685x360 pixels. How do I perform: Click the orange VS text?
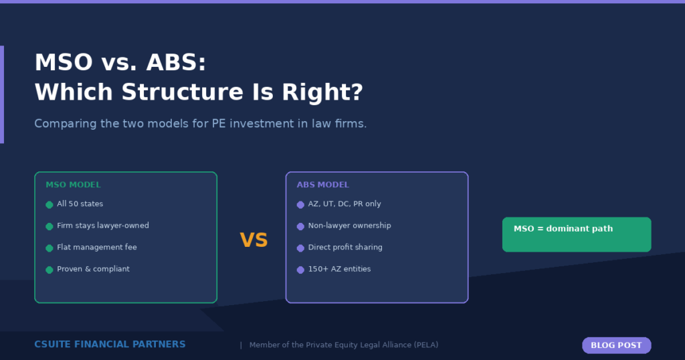254,240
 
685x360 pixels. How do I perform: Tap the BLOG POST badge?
616,345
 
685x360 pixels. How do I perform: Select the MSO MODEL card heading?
73,185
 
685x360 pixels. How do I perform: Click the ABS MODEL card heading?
323,185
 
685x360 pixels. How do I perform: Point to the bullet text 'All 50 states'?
80,204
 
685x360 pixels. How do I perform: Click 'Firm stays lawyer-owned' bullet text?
102,226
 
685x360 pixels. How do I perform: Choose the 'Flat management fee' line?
96,248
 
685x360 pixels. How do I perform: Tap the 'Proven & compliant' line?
93,269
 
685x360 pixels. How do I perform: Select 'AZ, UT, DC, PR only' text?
345,204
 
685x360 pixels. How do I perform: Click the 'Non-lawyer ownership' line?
349,226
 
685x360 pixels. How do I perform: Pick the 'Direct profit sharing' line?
345,248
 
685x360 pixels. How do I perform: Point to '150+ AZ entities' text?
339,269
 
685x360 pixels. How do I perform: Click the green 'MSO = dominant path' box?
576,234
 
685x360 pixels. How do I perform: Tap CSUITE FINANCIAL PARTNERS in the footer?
110,345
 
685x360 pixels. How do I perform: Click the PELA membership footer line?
343,345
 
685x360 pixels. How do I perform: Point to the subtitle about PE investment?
200,124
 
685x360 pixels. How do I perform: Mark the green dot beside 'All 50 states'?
50,205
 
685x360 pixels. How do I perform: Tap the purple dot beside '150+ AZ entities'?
300,270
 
